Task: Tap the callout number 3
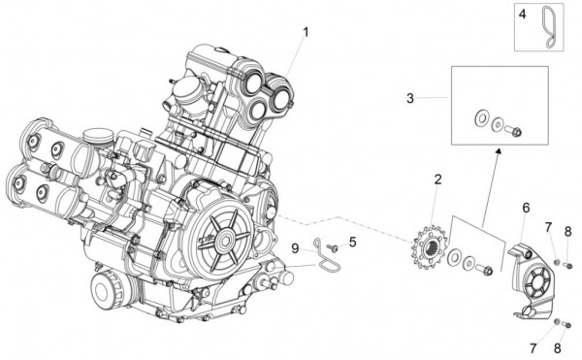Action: [x=410, y=98]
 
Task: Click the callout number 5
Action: [x=352, y=242]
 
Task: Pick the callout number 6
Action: [x=526, y=208]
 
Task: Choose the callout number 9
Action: [x=294, y=249]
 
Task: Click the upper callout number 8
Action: [x=568, y=231]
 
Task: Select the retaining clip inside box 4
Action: [x=549, y=25]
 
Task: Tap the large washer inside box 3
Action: [x=482, y=119]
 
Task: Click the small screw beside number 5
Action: [x=332, y=248]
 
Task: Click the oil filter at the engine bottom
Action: [x=106, y=286]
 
